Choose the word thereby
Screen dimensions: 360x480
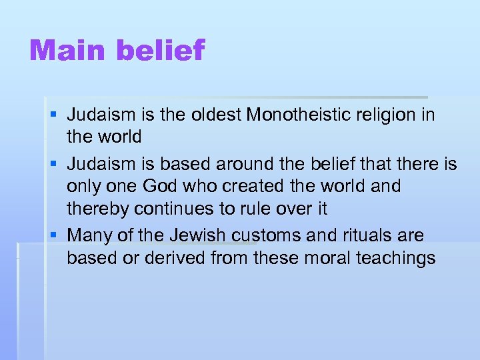click(98, 209)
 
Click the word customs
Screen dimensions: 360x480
click(270, 235)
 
